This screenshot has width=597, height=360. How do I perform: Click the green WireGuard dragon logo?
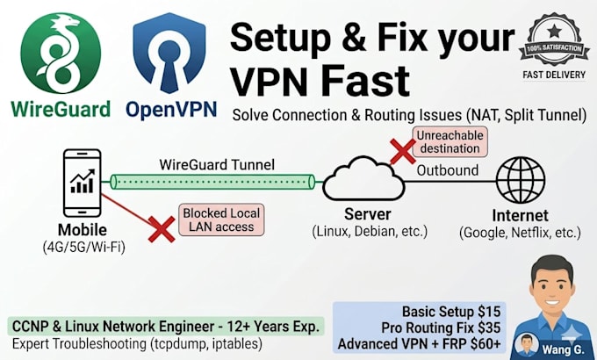tap(61, 53)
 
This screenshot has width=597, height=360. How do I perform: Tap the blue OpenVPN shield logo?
tap(169, 53)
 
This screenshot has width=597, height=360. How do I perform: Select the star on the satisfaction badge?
tap(554, 30)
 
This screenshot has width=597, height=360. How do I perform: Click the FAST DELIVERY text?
tap(554, 75)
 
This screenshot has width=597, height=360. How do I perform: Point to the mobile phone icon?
tap(83, 184)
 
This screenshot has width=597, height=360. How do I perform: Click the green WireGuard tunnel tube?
tap(212, 182)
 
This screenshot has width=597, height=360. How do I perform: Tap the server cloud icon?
tap(363, 178)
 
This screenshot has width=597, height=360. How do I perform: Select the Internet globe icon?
tap(520, 180)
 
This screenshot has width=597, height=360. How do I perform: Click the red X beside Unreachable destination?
tap(402, 151)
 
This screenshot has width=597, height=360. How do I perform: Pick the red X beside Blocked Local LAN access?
tap(162, 229)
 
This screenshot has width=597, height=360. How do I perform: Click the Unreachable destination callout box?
tap(450, 141)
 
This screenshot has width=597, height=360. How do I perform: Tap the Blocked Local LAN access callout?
tap(221, 220)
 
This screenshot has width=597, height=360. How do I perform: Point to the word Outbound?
tap(448, 170)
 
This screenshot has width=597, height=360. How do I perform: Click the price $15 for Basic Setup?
tap(489, 312)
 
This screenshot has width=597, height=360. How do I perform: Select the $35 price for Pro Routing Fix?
tap(489, 328)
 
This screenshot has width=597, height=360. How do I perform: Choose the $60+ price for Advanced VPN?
tap(486, 343)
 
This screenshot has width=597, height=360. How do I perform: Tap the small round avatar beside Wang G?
tap(526, 345)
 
